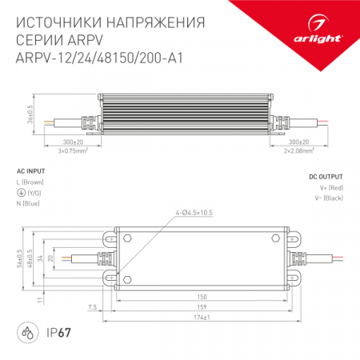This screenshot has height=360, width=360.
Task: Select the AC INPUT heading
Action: [30, 172]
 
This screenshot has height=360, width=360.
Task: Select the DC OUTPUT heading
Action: [326, 176]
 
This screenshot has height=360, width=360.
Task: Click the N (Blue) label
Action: [29, 204]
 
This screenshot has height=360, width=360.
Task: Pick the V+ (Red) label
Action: [330, 187]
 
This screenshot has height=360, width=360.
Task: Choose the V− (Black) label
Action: [329, 197]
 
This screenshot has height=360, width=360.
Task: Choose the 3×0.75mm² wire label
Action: [75, 149]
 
